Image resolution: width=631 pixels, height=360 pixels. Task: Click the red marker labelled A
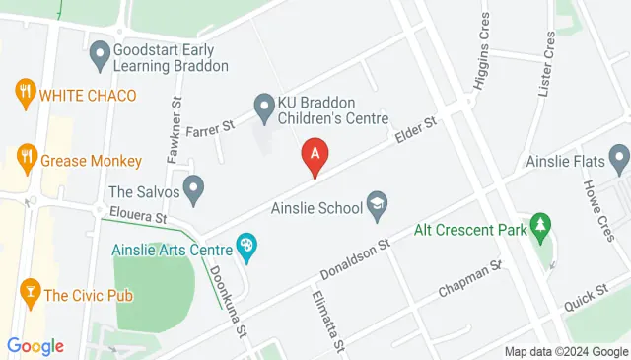pos(315,156)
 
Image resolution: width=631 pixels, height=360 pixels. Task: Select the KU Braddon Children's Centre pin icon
pos(263,104)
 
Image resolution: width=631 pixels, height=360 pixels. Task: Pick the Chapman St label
pos(470,279)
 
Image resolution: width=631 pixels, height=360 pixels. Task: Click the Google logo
pos(35,345)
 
